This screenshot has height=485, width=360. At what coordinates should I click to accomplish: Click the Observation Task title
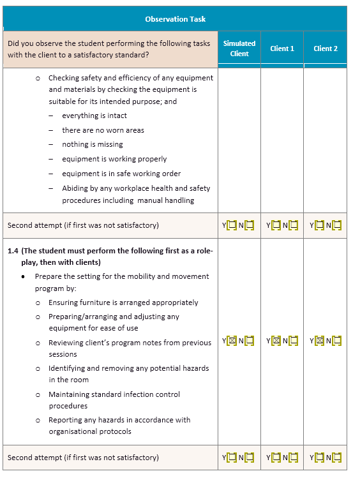175,19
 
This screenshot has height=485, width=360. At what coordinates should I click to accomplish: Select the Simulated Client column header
239,48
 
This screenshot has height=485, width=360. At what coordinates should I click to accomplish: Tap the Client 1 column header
282,48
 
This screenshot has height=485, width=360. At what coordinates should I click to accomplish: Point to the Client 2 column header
326,48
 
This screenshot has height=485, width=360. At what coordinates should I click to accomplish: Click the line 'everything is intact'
94,116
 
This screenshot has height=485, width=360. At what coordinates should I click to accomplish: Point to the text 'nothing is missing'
93,144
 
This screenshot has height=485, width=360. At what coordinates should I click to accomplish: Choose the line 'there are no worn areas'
103,130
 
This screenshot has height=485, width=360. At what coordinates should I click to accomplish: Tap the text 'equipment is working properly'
114,159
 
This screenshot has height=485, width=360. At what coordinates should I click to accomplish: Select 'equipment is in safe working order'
121,174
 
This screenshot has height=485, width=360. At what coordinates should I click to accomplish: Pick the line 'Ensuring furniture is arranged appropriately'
123,302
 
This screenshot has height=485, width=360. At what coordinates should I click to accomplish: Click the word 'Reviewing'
66,343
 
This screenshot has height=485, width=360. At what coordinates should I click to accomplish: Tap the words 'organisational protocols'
90,431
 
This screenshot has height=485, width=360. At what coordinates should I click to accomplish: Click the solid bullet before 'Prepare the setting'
24,277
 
